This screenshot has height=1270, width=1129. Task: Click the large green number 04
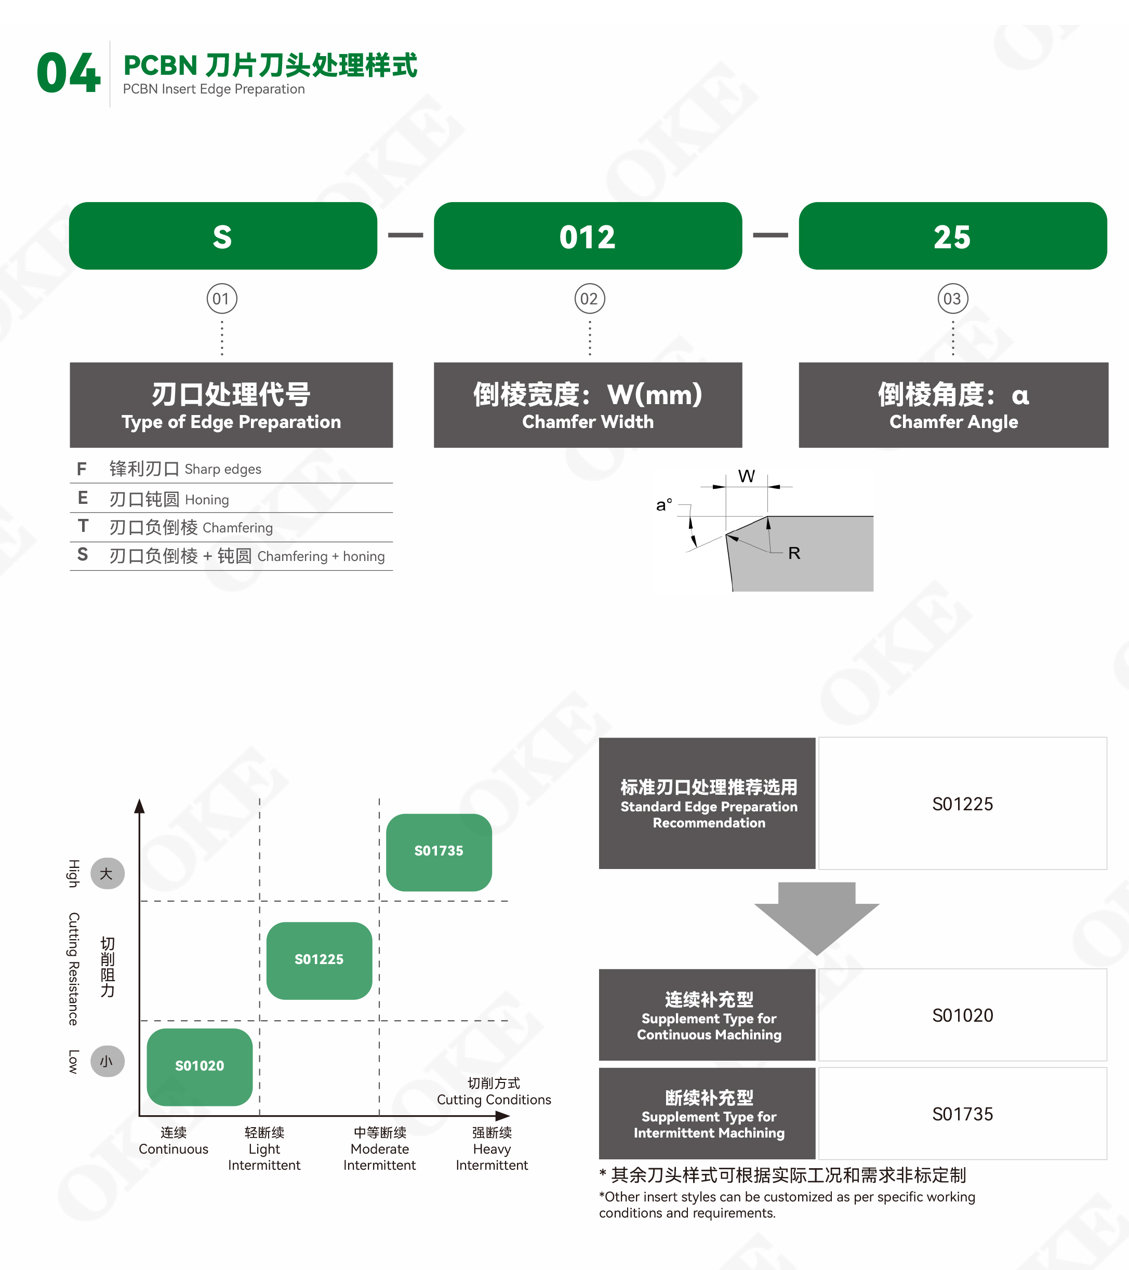69,73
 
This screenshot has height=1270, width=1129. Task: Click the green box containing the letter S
222,236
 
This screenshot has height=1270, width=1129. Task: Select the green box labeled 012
587,236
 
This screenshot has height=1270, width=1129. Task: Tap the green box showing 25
952,236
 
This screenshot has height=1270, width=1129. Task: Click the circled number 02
589,299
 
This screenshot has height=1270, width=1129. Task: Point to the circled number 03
952,299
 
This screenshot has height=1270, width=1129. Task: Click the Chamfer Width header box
587,405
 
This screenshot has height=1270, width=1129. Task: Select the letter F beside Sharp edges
82,469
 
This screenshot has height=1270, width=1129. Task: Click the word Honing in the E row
207,500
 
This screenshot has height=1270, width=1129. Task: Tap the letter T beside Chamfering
83,526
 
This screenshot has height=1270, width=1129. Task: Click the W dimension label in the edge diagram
746,476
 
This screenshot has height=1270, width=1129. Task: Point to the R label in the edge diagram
794,553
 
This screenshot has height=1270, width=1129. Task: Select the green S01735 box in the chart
439,851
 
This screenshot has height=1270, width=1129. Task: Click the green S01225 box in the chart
319,960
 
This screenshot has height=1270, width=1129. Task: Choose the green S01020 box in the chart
200,1066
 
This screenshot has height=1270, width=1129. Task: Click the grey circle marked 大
107,874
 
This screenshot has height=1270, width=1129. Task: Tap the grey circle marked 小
107,1061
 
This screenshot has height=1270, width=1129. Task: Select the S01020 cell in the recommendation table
962,1015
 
